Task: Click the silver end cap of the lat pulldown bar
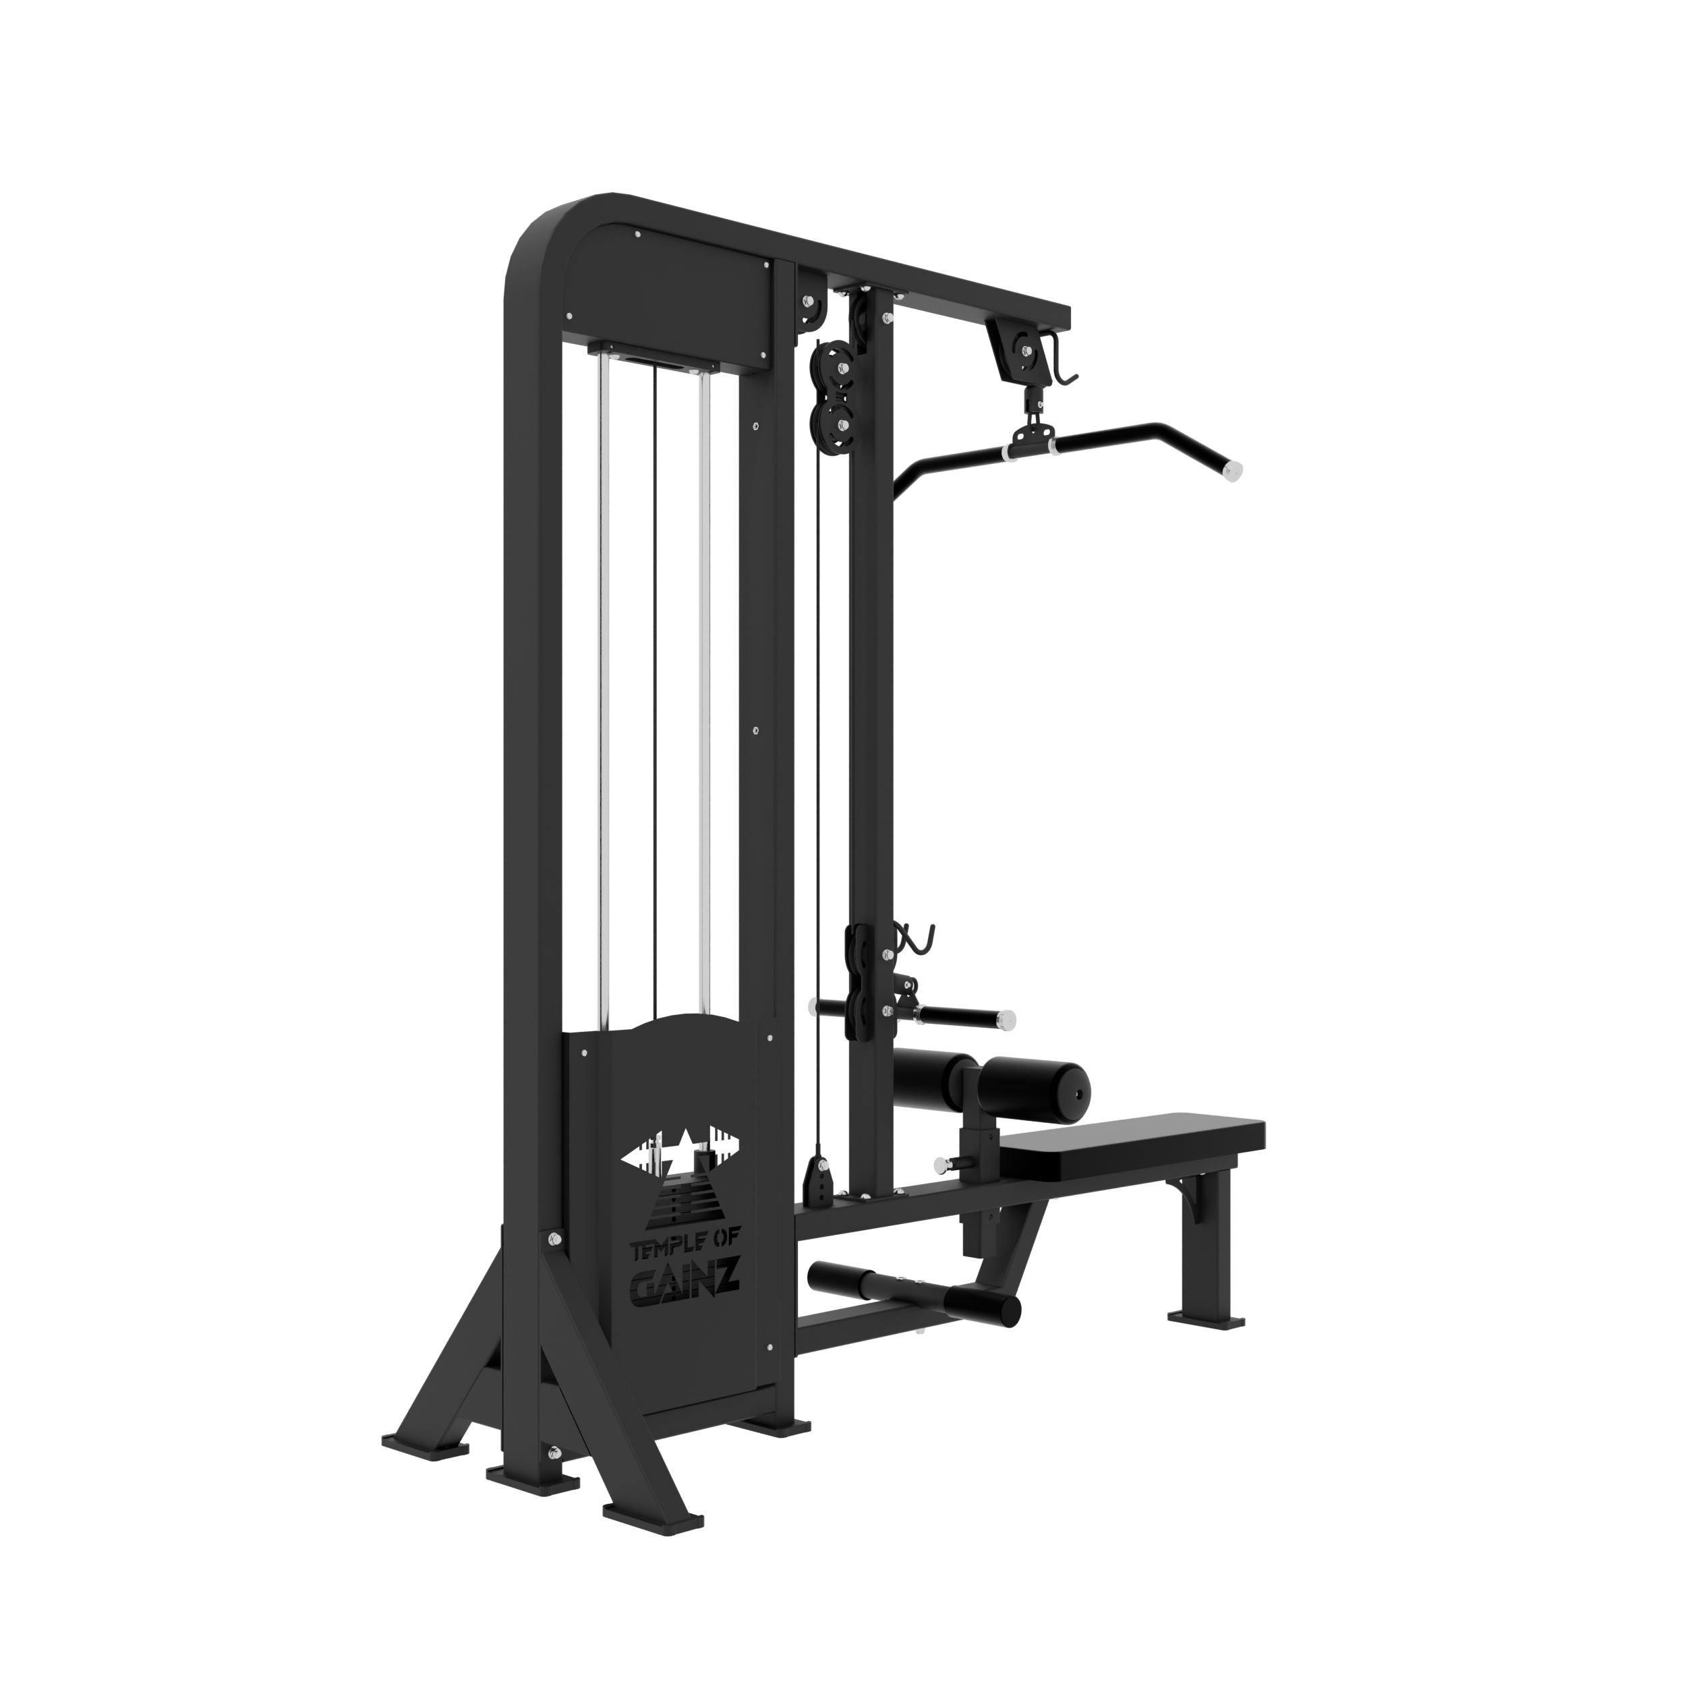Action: click(x=1231, y=472)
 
